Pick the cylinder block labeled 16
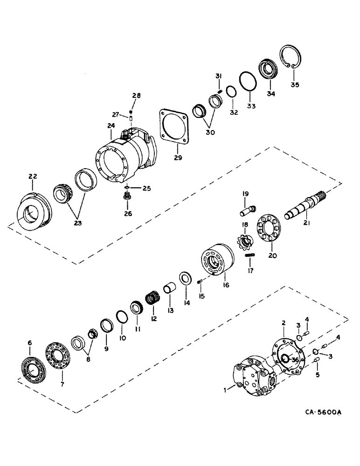pos(215,264)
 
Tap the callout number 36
pos(294,359)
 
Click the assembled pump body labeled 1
pos(251,380)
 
